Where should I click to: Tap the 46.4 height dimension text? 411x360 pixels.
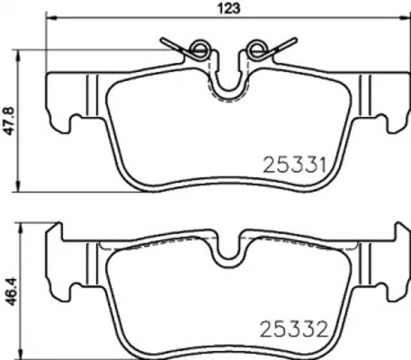coord(10,288)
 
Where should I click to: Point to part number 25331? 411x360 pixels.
coord(293,163)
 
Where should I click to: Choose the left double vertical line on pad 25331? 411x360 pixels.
coord(93,94)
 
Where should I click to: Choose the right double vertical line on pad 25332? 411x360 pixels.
coord(364,262)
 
